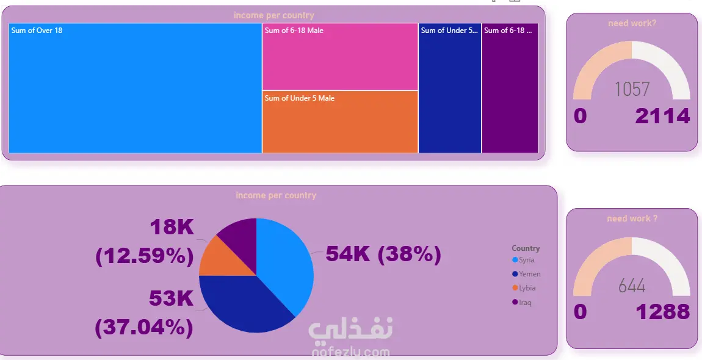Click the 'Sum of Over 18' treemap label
tap(37, 31)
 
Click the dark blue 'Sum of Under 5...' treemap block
tap(450, 92)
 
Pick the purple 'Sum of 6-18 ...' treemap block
tap(510, 92)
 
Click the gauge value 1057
tap(632, 90)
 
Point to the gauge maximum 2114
tap(662, 116)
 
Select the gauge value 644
tap(632, 285)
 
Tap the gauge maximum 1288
tap(663, 312)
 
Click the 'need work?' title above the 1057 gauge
tap(632, 24)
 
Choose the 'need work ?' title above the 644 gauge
tap(632, 218)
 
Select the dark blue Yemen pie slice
tap(244, 305)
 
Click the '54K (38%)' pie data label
tap(383, 254)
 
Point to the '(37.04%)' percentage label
tap(144, 328)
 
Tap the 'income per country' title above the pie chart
tap(276, 196)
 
